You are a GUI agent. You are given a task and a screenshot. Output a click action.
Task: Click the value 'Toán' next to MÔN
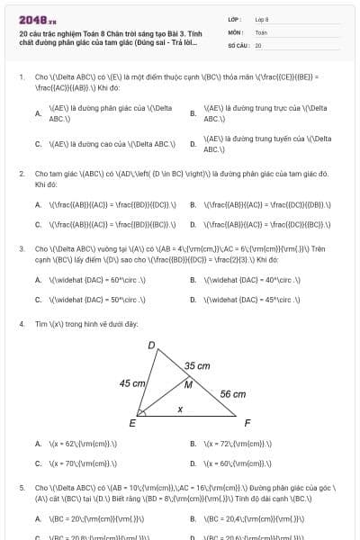coord(261,31)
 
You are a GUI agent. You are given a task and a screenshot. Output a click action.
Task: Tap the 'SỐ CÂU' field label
coord(238,44)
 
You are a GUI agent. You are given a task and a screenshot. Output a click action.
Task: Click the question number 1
coord(21,77)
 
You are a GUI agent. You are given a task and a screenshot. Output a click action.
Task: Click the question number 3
coord(21,247)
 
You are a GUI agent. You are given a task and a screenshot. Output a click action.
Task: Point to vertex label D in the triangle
coord(151,344)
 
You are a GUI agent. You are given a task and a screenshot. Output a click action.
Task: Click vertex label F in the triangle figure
coord(247,422)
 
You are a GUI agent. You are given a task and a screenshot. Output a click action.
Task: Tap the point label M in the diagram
coord(188,384)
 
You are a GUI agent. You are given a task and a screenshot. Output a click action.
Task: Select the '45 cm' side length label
coord(132,382)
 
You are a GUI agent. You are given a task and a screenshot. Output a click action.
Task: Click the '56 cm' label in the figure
coord(232,393)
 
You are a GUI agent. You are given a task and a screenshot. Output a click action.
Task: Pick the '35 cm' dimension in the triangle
coord(197,365)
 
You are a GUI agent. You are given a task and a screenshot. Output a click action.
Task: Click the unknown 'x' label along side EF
coord(180,409)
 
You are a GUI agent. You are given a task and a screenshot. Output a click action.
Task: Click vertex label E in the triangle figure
coord(133,423)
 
